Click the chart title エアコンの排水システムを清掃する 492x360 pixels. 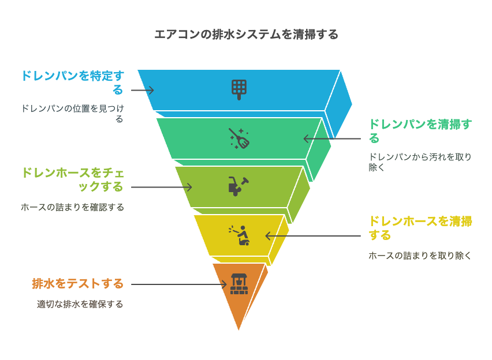click(246, 34)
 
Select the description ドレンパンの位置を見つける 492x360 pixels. click(73, 114)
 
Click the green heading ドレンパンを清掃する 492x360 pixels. click(420, 131)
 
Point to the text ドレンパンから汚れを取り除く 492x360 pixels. click(420, 162)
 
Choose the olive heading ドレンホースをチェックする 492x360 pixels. click(73, 179)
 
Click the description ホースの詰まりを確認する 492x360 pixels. click(73, 207)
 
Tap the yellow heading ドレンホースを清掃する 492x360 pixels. click(420, 228)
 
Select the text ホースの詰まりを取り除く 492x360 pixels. click(420, 256)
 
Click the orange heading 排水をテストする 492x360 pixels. click(77, 283)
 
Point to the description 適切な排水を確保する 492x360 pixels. click(80, 304)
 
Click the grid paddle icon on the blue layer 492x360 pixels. click(239, 90)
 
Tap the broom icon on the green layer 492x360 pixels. click(239, 138)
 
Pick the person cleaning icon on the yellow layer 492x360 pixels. click(239, 235)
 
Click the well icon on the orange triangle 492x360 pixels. click(239, 284)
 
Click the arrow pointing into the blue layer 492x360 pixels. click(143, 91)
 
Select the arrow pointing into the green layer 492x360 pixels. click(332, 138)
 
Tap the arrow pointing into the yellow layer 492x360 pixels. click(313, 236)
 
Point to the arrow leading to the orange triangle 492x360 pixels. click(179, 284)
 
